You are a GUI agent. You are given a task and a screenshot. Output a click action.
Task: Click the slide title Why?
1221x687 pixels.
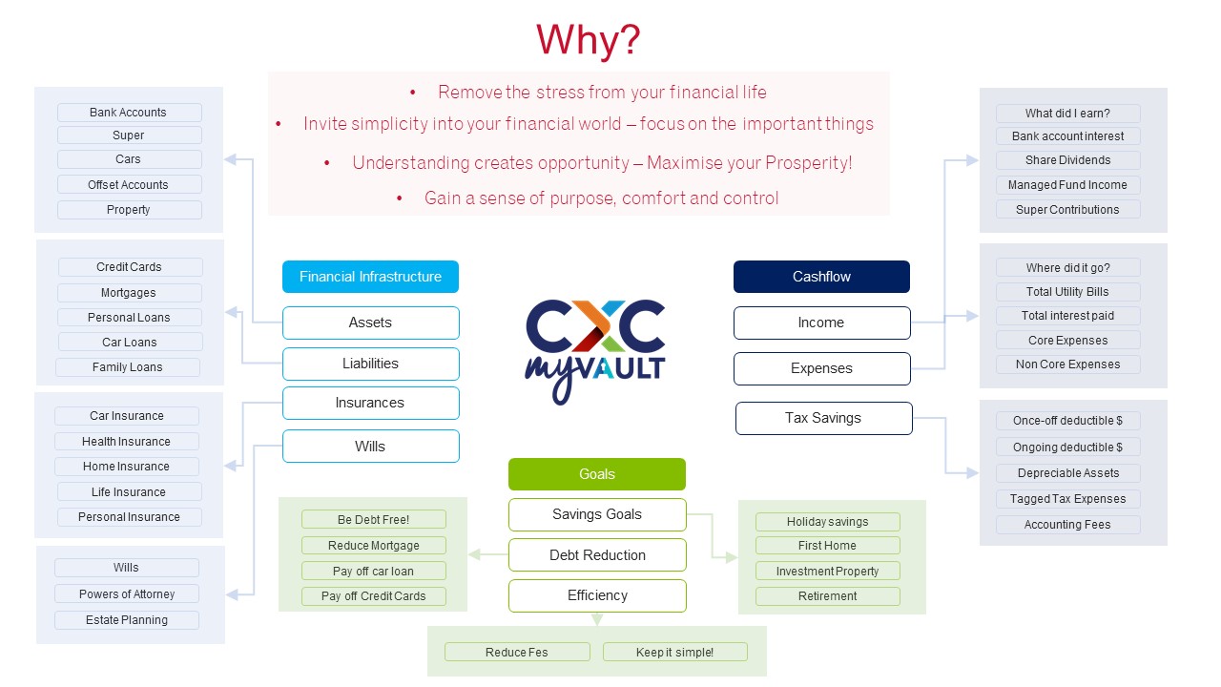588,41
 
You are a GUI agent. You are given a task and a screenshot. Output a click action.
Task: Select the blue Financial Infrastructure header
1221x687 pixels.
370,277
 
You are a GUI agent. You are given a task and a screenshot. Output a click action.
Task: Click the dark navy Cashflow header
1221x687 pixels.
821,277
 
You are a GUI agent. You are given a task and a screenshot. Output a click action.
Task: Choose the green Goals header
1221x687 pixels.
596,474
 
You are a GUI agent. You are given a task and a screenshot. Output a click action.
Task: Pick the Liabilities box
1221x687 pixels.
370,364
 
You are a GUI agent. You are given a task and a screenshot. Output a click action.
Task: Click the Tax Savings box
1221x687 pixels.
823,418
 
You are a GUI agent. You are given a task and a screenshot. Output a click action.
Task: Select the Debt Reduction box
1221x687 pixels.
597,555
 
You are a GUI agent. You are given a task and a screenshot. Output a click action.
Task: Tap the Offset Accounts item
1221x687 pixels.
129,185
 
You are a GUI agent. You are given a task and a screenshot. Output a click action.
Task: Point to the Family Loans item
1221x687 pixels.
128,367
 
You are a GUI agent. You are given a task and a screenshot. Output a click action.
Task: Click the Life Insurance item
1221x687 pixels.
129,492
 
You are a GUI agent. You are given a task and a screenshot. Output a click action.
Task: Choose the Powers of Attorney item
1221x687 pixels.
127,594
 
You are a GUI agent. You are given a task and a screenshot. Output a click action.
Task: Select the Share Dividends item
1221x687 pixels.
1067,160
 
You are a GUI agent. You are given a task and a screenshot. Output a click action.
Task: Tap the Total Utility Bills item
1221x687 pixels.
1067,292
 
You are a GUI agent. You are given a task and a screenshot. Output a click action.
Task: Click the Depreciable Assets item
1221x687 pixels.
1067,473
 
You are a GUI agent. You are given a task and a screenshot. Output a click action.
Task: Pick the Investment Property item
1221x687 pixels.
827,572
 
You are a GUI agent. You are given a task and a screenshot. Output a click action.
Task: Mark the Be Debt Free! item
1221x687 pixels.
373,520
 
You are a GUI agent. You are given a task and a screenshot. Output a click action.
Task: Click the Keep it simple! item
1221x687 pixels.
674,653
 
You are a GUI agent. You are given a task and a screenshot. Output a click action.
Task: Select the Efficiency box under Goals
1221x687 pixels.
597,595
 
